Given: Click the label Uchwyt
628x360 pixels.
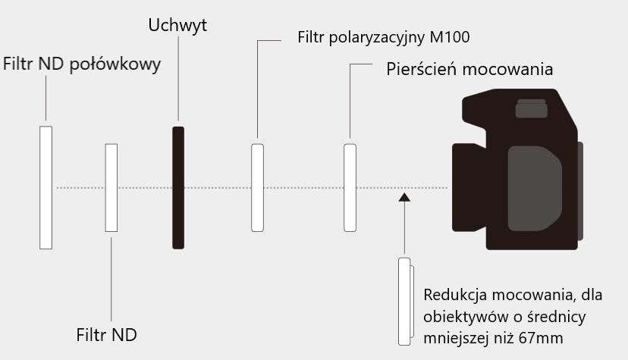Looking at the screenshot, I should click(177, 26).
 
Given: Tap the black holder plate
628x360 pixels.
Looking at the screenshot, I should click(178, 187).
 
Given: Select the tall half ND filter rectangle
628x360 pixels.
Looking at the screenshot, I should click(46, 187).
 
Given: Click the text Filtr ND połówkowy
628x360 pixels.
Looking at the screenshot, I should click(82, 64).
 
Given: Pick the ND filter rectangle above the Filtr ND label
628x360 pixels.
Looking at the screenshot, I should click(111, 187).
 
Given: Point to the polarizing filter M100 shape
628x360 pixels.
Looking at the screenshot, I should click(257, 187).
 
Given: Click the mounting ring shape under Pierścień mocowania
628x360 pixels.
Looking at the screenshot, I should click(350, 187).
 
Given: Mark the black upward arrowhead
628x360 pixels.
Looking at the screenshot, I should click(404, 197).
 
